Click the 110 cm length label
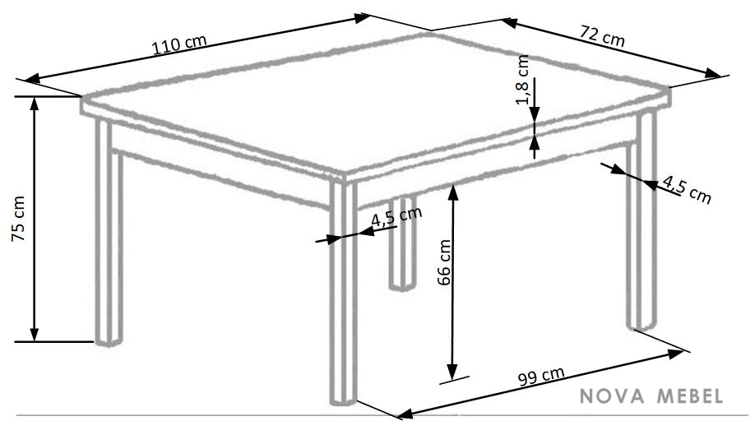coord(179,44)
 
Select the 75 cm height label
coord(19,218)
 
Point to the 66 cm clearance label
coord(444,262)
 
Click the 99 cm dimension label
coord(541,376)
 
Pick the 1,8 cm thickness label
coord(522,80)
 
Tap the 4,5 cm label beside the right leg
coord(687,189)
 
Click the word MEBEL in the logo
coord(690,396)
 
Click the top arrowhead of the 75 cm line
coord(34,104)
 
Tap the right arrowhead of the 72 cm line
coord(713,74)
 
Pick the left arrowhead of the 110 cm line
coord(33,79)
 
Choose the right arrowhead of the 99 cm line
coord(675,354)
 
